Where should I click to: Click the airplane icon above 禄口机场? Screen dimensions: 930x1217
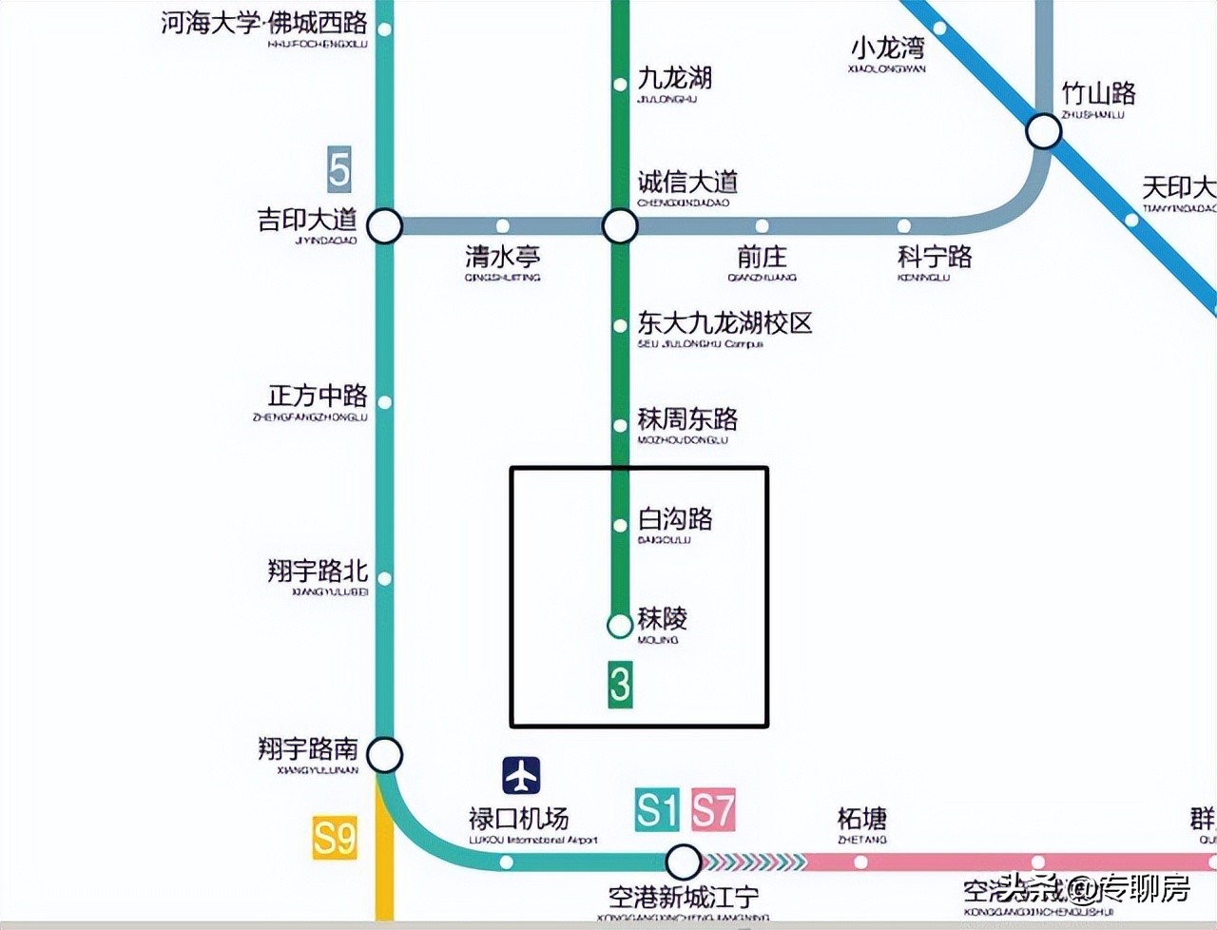tap(521, 775)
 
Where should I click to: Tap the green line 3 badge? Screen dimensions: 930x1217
tap(620, 685)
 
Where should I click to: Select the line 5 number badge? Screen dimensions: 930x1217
tap(338, 170)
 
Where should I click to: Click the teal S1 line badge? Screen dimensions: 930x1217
tap(657, 810)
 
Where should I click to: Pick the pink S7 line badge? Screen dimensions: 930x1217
tap(713, 810)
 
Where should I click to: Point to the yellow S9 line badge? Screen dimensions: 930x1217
tap(335, 838)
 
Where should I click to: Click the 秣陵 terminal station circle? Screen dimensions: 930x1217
tap(620, 625)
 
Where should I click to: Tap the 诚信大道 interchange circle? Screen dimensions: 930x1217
tap(620, 226)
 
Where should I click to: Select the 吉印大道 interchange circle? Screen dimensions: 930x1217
tap(385, 226)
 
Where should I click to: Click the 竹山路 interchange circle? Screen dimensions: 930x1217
tap(1044, 130)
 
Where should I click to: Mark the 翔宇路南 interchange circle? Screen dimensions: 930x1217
tap(385, 755)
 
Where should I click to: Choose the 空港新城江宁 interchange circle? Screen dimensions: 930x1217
tap(682, 862)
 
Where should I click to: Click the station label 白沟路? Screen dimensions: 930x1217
tap(675, 519)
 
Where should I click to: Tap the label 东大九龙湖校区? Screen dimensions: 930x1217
tap(724, 323)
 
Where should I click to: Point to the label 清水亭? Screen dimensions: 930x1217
tap(502, 257)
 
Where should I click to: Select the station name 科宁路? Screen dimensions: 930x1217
tap(935, 257)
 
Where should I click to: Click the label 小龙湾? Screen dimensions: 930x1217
tap(887, 48)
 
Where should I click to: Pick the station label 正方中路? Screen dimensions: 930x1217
tap(318, 396)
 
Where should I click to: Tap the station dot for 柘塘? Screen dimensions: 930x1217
tap(860, 862)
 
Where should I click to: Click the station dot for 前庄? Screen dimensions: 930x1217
tap(762, 226)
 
